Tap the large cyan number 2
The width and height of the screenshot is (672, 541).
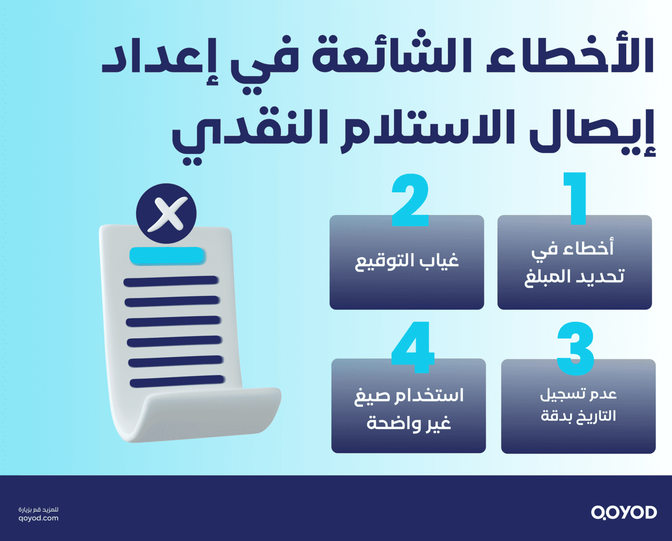click(410, 201)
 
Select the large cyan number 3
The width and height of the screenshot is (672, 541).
click(575, 349)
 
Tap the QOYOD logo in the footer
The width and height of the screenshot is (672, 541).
click(624, 512)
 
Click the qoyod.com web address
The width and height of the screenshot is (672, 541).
click(38, 518)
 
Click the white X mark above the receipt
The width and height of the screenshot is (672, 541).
click(167, 214)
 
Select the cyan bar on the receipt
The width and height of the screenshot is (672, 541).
click(167, 256)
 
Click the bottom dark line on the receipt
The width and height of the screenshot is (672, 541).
click(177, 382)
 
